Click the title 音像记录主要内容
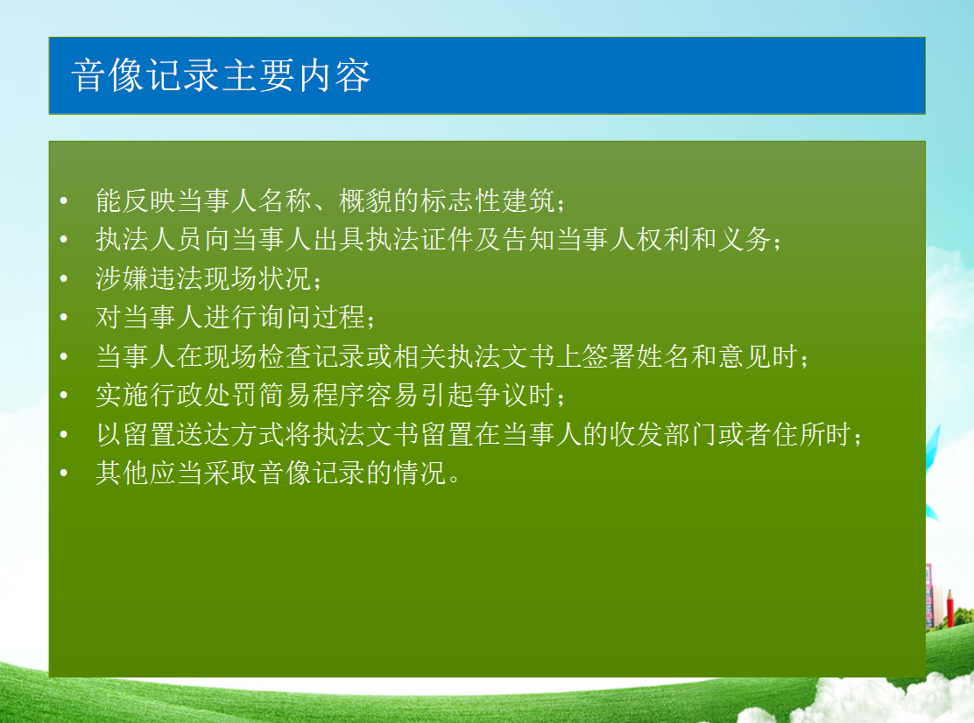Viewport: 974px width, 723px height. pyautogui.click(x=221, y=75)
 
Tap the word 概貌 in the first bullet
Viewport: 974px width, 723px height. pyautogui.click(x=366, y=200)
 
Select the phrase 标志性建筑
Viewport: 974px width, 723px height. pyautogui.click(x=488, y=200)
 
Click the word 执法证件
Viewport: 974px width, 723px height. pyautogui.click(x=420, y=240)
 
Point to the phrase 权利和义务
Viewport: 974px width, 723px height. pyautogui.click(x=704, y=240)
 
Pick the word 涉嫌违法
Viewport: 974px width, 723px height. pyautogui.click(x=149, y=278)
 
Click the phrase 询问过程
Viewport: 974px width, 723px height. pyautogui.click(x=312, y=317)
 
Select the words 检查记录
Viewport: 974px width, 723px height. pyautogui.click(x=312, y=356)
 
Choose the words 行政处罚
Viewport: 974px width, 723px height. pyautogui.click(x=203, y=396)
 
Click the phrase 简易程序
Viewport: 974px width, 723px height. pyautogui.click(x=312, y=396)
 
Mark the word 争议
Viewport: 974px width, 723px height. pyautogui.click(x=501, y=396)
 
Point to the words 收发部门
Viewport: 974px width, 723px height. pyautogui.click(x=663, y=434)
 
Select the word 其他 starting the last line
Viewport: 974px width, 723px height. pyautogui.click(x=123, y=473)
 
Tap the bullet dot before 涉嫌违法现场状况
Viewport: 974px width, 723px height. pyautogui.click(x=63, y=278)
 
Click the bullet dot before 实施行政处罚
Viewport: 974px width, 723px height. pyautogui.click(x=63, y=396)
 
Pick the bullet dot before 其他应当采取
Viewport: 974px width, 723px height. pyautogui.click(x=63, y=473)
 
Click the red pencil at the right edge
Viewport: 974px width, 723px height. pyautogui.click(x=949, y=608)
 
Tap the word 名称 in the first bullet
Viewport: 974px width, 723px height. pyautogui.click(x=286, y=200)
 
